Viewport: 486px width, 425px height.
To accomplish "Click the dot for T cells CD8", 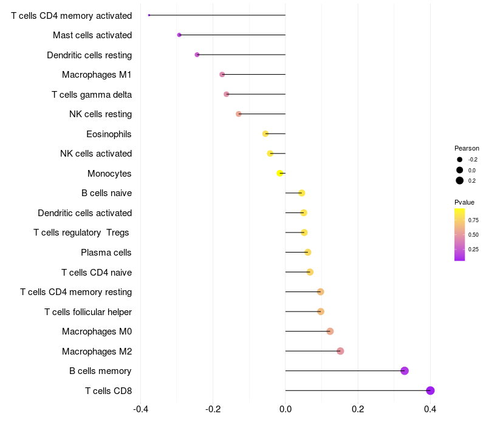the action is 430,390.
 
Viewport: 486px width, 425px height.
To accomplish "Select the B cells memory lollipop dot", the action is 404,371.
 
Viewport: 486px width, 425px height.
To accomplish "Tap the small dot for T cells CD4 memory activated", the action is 149,15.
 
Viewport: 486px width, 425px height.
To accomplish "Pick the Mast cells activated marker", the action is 179,35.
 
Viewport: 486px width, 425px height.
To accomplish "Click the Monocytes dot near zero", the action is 280,173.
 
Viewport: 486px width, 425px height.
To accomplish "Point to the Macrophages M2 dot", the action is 340,351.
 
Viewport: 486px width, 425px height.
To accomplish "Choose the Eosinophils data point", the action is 265,134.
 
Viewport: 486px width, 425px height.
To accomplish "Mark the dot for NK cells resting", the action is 238,114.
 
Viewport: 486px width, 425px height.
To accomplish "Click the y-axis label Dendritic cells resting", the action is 89,55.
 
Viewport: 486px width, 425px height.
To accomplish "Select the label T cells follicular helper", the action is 88,312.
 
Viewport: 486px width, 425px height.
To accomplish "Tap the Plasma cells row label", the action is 106,253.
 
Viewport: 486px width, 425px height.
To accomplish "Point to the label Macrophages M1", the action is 97,75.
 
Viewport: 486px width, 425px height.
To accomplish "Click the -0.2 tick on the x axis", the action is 213,409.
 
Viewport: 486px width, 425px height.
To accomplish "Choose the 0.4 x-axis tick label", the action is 430,409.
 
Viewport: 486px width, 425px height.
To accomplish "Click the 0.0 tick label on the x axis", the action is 286,409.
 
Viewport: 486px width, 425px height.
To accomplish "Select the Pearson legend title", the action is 467,148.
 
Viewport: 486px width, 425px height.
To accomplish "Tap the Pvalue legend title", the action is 464,202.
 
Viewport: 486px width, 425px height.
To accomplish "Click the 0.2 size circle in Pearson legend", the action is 460,180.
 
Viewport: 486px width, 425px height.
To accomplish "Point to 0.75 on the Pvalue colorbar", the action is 473,220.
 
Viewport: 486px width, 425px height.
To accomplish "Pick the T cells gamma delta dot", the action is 227,94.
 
